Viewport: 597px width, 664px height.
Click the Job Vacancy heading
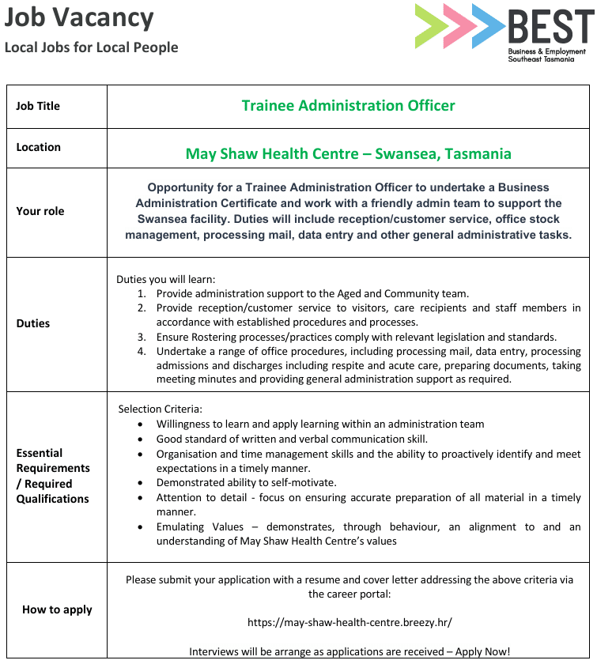click(79, 18)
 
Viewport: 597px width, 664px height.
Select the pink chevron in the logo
click(459, 26)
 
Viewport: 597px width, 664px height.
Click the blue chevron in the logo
click(488, 26)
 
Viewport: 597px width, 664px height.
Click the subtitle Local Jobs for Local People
click(91, 47)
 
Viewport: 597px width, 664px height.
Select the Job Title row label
click(38, 106)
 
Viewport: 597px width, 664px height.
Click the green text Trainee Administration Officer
click(348, 105)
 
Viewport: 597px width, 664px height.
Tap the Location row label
click(39, 147)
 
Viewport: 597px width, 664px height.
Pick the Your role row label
click(40, 211)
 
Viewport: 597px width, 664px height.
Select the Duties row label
click(33, 323)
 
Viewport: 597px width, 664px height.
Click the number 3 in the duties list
click(142, 337)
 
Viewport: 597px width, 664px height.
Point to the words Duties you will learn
click(165, 279)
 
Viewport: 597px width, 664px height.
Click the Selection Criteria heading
click(161, 409)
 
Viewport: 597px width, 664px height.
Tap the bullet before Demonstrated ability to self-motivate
click(140, 482)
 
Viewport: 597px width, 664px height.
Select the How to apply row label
click(57, 609)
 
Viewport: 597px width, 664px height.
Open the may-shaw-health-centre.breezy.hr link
click(350, 622)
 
